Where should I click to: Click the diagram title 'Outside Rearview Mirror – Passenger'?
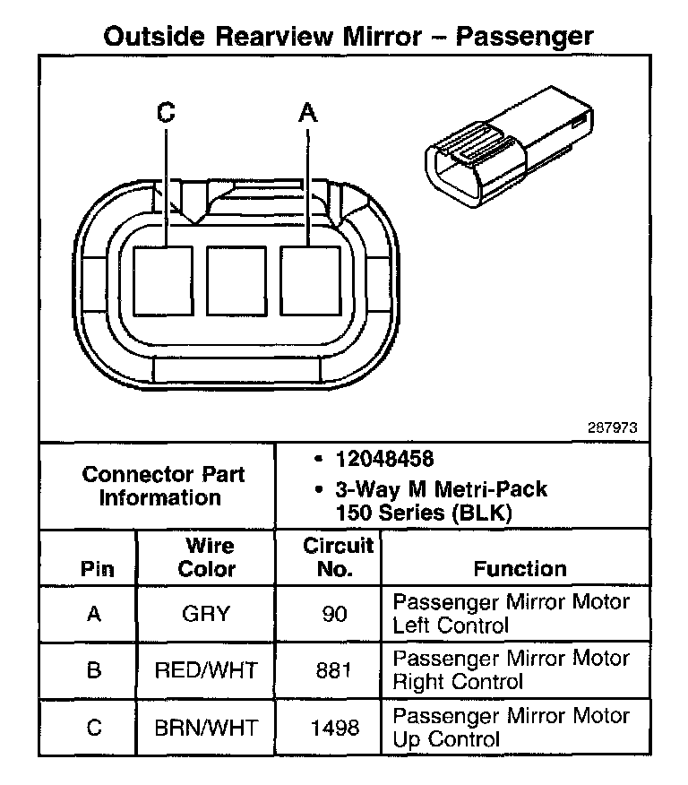point(348,37)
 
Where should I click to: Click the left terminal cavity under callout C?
point(163,280)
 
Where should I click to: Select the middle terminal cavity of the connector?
point(236,280)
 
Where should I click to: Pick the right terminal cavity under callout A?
point(310,280)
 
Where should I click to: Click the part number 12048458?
point(384,459)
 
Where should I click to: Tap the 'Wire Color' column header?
point(207,556)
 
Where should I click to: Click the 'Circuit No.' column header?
point(337,556)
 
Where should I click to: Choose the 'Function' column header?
point(520,568)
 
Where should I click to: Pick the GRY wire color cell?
point(206,614)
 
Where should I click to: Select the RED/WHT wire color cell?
point(206,669)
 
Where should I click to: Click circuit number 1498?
point(334,727)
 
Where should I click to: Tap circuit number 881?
point(334,669)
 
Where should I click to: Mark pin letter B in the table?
point(94,669)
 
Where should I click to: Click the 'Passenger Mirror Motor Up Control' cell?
point(511,727)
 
